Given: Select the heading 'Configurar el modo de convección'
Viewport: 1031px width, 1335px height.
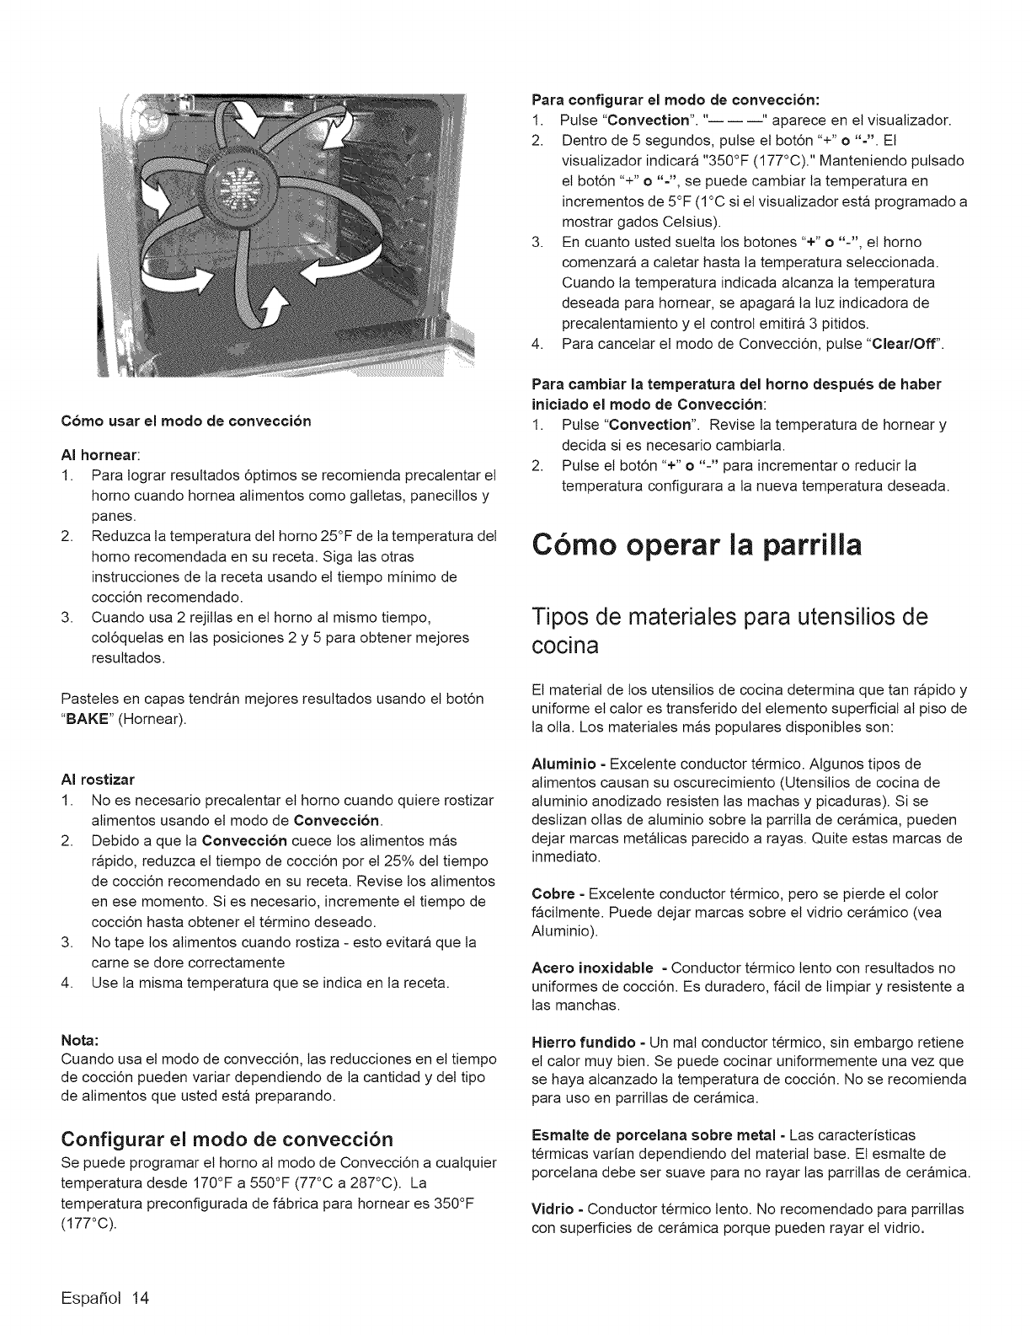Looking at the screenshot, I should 227,1139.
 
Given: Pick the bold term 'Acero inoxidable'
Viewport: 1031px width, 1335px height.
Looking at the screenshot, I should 593,968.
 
